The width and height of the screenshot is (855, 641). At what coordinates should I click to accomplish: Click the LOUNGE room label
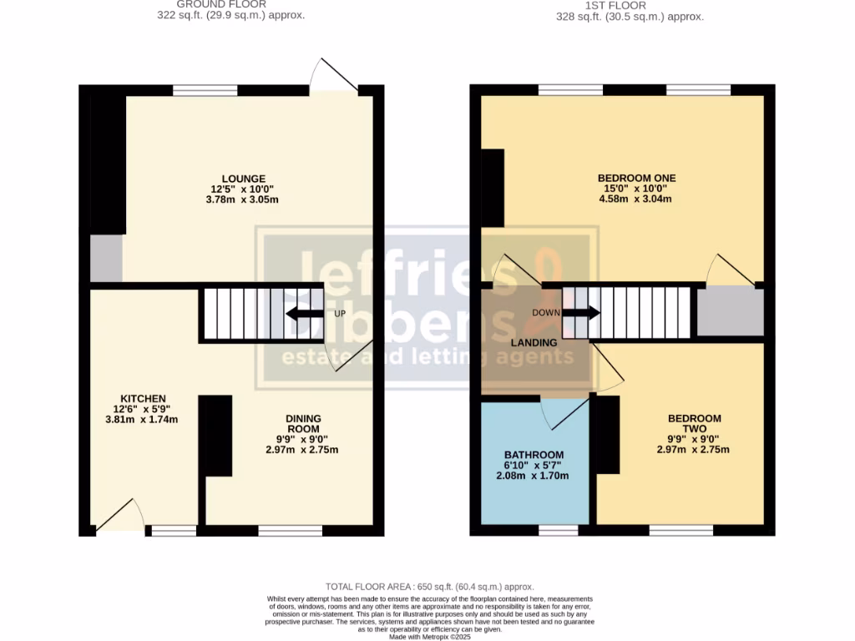click(244, 179)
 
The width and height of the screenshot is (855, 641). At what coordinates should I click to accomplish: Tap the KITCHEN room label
click(143, 399)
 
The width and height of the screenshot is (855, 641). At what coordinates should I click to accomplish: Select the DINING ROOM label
click(303, 424)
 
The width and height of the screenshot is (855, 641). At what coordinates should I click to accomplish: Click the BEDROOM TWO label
click(694, 424)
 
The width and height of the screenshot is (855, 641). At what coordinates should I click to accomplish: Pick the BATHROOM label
click(532, 455)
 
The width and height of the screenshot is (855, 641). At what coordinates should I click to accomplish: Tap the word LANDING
click(534, 343)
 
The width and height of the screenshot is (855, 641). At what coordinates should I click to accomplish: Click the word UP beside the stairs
click(340, 314)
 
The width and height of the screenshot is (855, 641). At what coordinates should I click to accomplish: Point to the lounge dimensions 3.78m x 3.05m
click(244, 199)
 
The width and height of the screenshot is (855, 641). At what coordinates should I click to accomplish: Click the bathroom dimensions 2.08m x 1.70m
click(532, 476)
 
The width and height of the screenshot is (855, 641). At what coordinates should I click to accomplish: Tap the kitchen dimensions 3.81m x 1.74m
click(143, 420)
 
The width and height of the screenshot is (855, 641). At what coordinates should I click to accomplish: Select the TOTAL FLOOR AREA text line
click(429, 588)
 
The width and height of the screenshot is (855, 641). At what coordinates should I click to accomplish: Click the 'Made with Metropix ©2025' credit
click(429, 636)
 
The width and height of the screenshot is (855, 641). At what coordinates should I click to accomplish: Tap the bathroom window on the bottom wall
click(558, 530)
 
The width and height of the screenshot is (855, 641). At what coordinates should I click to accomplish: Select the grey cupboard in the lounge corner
click(106, 259)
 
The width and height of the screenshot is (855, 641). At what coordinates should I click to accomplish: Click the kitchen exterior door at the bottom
click(119, 517)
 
